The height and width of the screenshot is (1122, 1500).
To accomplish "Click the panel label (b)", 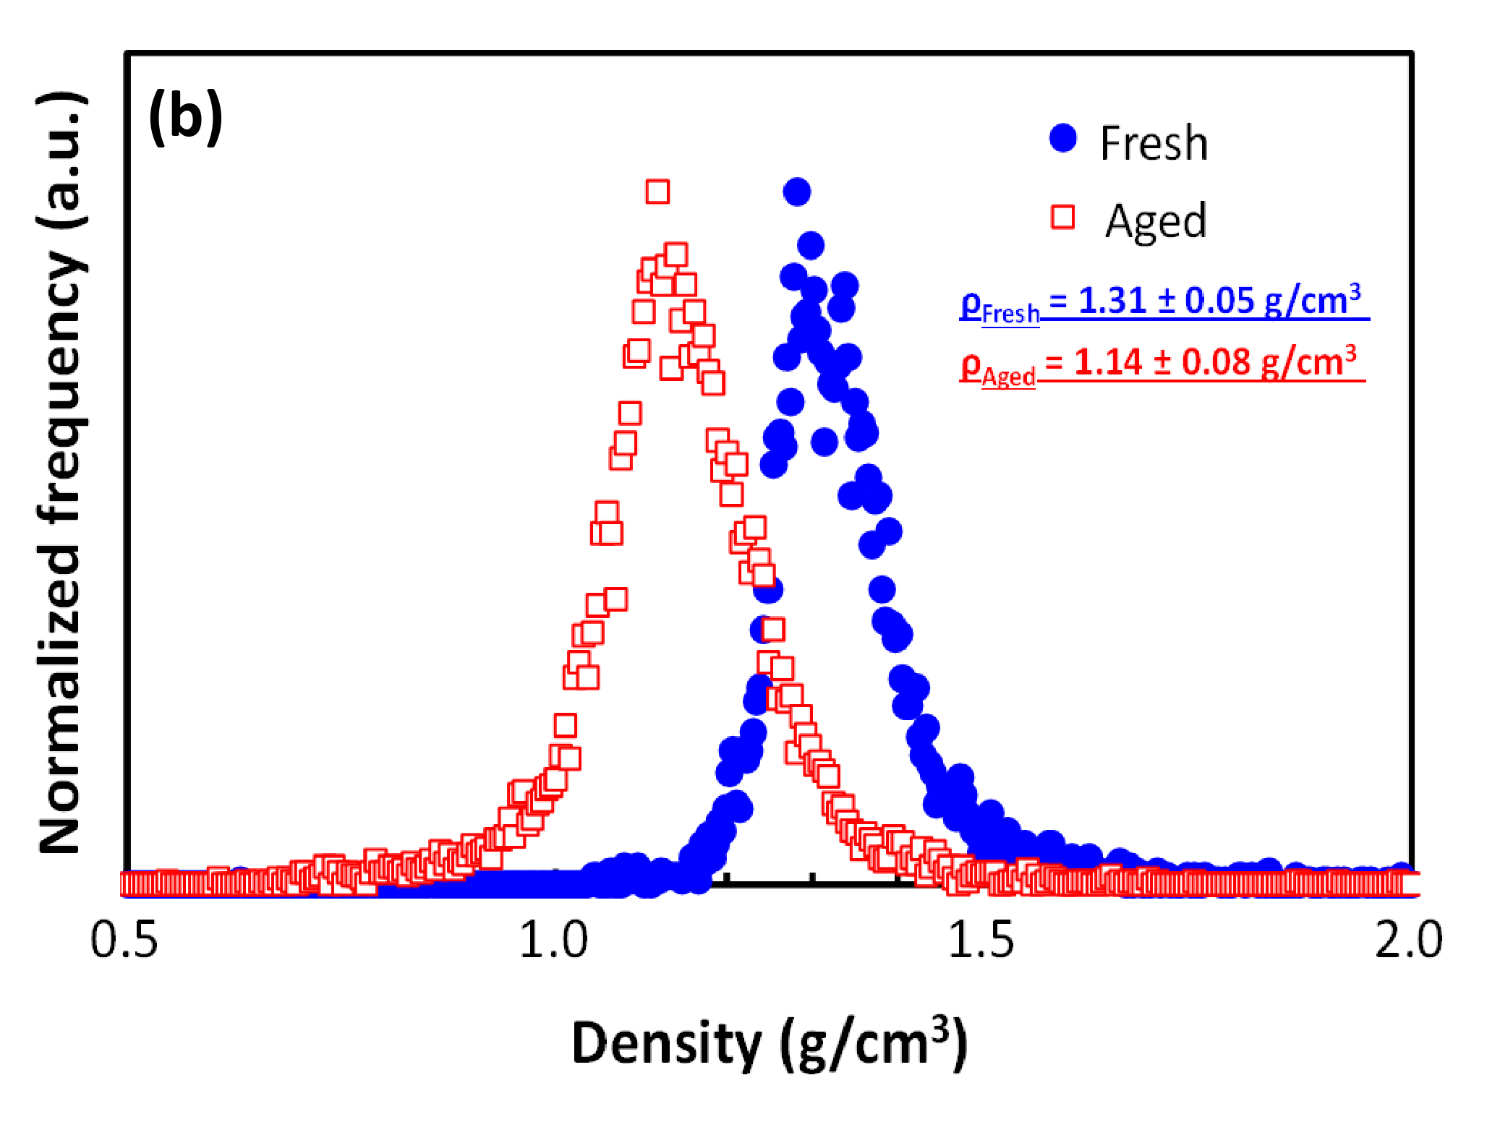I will (185, 117).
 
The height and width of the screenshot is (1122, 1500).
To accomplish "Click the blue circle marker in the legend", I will (1062, 138).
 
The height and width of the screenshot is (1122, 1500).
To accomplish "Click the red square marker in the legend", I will (1062, 217).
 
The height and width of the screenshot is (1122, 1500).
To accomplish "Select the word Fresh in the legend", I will (1154, 143).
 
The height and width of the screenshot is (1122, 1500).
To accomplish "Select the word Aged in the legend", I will (1156, 220).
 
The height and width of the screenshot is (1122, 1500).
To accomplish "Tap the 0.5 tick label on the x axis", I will (124, 941).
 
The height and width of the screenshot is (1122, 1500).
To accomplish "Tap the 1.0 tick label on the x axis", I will (553, 941).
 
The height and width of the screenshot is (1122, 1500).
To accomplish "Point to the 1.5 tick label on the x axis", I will (981, 941).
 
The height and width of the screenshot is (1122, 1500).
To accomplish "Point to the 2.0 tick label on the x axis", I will (1408, 941).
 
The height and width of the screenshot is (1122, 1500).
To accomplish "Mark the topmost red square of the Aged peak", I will (657, 192).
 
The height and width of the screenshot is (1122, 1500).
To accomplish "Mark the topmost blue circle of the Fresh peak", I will (796, 192).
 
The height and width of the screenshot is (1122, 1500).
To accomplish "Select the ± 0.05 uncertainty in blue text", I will (1205, 300).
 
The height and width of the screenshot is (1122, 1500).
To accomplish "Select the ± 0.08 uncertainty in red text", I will (1201, 362).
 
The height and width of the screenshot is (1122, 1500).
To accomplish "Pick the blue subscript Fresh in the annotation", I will (1010, 314).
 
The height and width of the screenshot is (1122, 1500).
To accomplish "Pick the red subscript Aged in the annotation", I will (1008, 377).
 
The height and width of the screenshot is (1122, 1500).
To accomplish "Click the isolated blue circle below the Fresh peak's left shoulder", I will (824, 441).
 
